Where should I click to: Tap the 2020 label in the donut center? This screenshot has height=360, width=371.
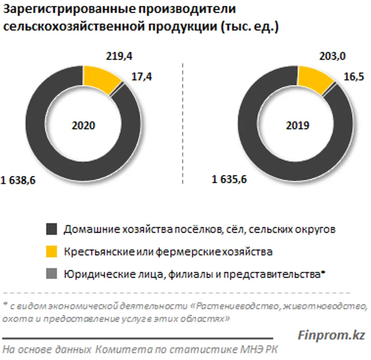pos(83,125)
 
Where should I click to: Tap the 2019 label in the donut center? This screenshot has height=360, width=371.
pos(297,125)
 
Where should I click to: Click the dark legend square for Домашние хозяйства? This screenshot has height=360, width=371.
pos(51,230)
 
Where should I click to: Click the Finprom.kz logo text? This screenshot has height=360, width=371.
pos(331,335)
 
